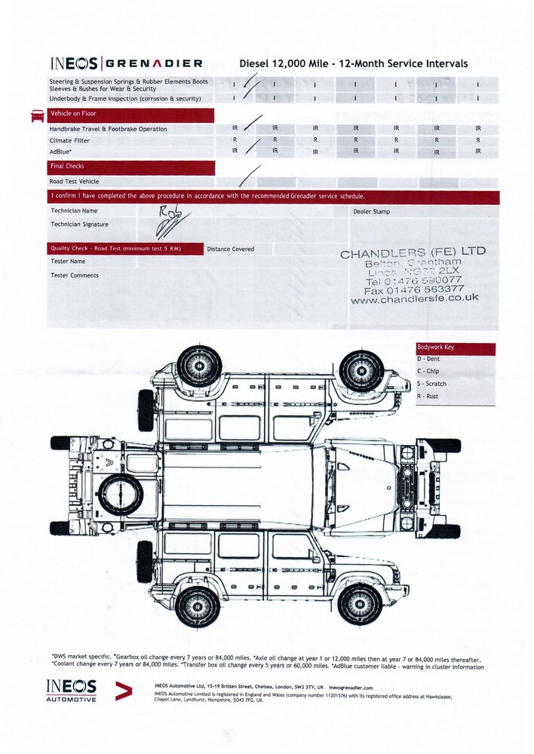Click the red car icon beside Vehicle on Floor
[x=37, y=115]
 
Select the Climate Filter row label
[x=70, y=140]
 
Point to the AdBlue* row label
[x=60, y=152]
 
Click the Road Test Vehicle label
[x=74, y=182]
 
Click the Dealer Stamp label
[x=371, y=212]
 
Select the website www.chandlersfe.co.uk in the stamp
[x=414, y=299]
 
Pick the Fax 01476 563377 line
[x=413, y=288]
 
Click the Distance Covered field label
[x=230, y=249]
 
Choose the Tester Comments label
[x=74, y=275]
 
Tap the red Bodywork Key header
[x=456, y=348]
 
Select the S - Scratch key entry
[x=432, y=384]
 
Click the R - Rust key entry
[x=428, y=396]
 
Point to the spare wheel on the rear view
[x=121, y=495]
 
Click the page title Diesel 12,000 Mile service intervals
[x=353, y=64]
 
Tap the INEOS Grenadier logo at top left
[x=126, y=64]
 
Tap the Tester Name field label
[x=68, y=261]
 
